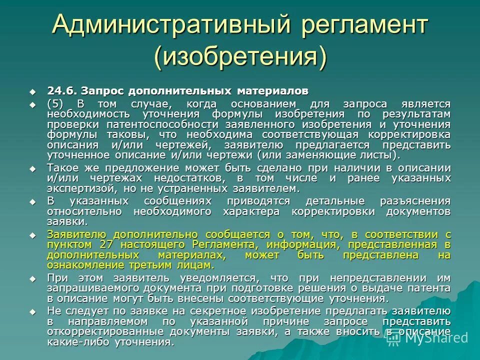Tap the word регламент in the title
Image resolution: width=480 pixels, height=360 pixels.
tap(360, 24)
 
